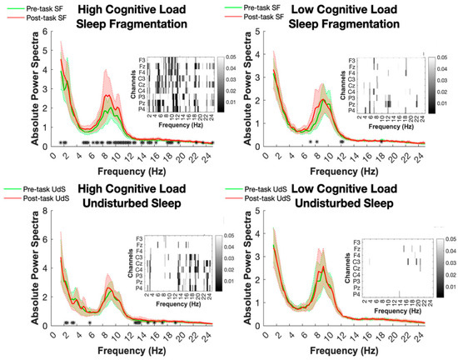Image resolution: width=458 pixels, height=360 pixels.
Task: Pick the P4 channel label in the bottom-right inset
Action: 354,295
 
